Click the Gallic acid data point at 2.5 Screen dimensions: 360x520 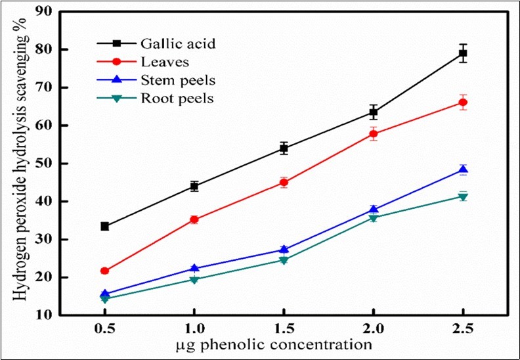point(463,53)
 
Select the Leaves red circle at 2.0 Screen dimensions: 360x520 point(374,134)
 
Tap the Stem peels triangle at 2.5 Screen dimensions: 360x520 point(463,170)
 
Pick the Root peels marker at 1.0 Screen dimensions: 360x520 point(194,280)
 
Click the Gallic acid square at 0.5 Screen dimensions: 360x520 point(104,226)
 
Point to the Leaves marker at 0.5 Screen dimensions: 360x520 point(104,271)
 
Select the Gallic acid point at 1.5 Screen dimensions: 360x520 point(284,148)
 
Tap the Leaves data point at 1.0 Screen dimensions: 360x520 point(194,219)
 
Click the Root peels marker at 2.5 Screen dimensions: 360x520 point(463,197)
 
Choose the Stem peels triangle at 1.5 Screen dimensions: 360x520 point(284,250)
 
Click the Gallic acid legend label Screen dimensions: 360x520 point(178,44)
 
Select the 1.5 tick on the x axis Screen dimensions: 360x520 point(284,328)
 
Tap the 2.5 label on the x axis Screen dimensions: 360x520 point(463,328)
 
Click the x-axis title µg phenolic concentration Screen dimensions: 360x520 point(284,344)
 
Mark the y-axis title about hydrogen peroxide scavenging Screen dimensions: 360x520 point(22,164)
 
